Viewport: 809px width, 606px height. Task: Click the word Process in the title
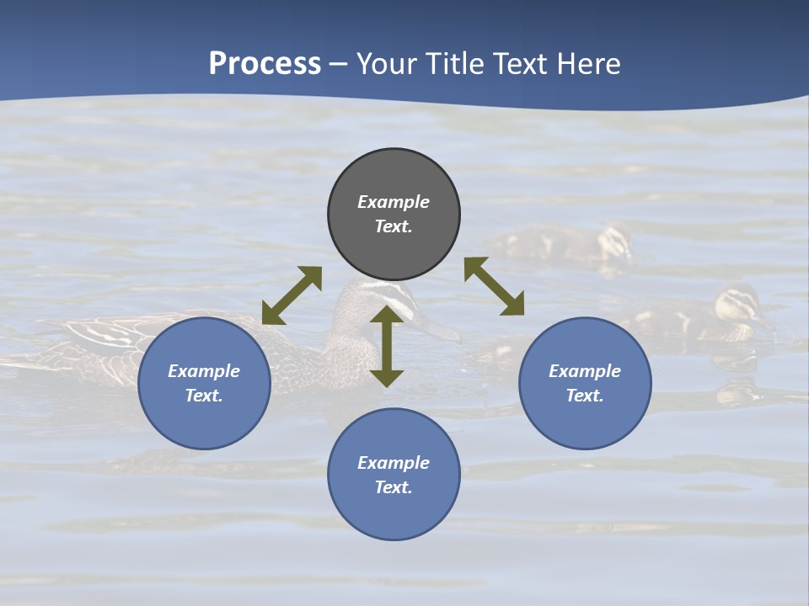[265, 64]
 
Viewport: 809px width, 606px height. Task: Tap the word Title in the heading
[451, 64]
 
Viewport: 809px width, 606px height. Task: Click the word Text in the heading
[517, 64]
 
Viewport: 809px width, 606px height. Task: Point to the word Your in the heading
[385, 64]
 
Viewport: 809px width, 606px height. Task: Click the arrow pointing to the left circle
[292, 295]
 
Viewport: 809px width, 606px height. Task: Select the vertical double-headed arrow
[387, 346]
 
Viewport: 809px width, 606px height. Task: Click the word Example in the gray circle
[394, 202]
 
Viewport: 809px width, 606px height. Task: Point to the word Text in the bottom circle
[394, 487]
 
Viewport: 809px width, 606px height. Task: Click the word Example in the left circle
[204, 371]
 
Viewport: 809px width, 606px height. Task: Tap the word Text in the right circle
[585, 396]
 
